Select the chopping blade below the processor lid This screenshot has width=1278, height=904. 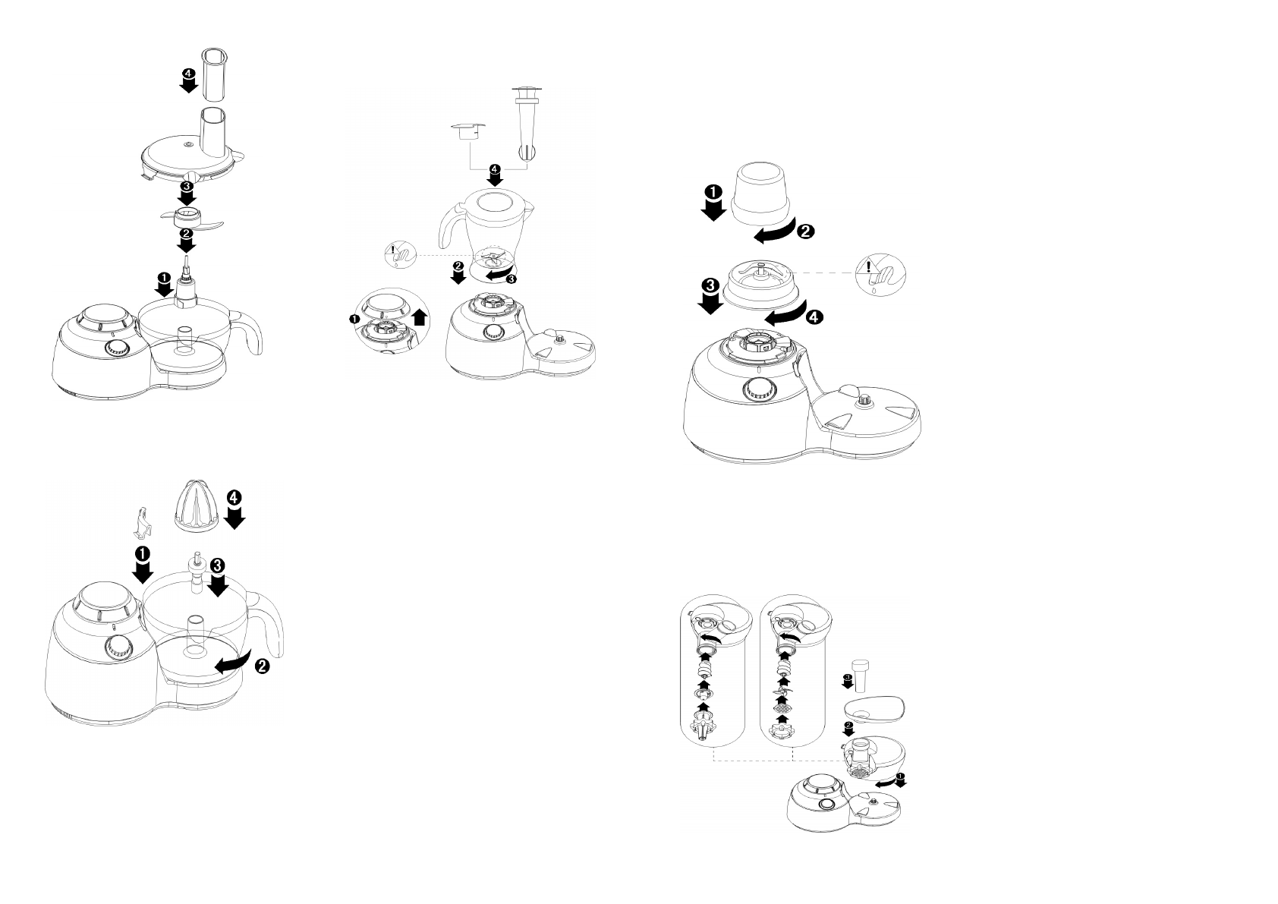point(186,219)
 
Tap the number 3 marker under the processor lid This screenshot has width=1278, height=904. point(187,185)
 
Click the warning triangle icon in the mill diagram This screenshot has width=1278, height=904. point(866,267)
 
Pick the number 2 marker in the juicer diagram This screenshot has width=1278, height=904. point(261,666)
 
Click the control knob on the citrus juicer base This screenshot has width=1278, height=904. point(117,649)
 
